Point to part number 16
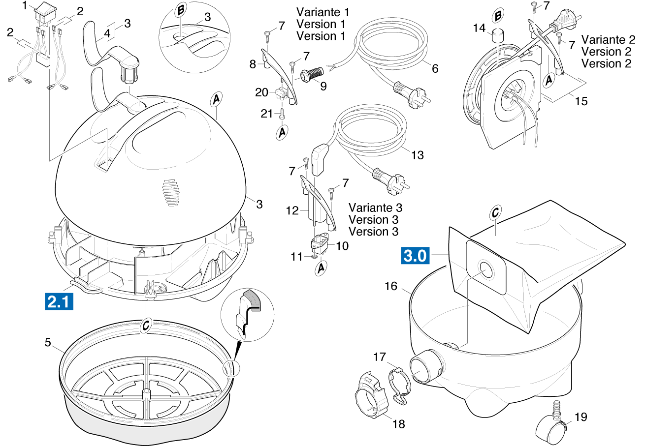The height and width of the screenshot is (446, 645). [x=390, y=286]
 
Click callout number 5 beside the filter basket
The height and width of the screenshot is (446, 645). [x=48, y=343]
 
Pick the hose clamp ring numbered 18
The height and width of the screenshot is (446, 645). [x=370, y=396]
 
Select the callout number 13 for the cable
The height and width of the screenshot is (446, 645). [x=417, y=155]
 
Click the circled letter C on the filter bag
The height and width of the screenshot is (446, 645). [x=495, y=213]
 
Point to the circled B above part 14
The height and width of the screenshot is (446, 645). [x=498, y=16]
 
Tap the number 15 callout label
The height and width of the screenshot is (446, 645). [x=581, y=101]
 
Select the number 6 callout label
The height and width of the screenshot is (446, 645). [x=435, y=68]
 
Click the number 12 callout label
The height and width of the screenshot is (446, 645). [x=292, y=211]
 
